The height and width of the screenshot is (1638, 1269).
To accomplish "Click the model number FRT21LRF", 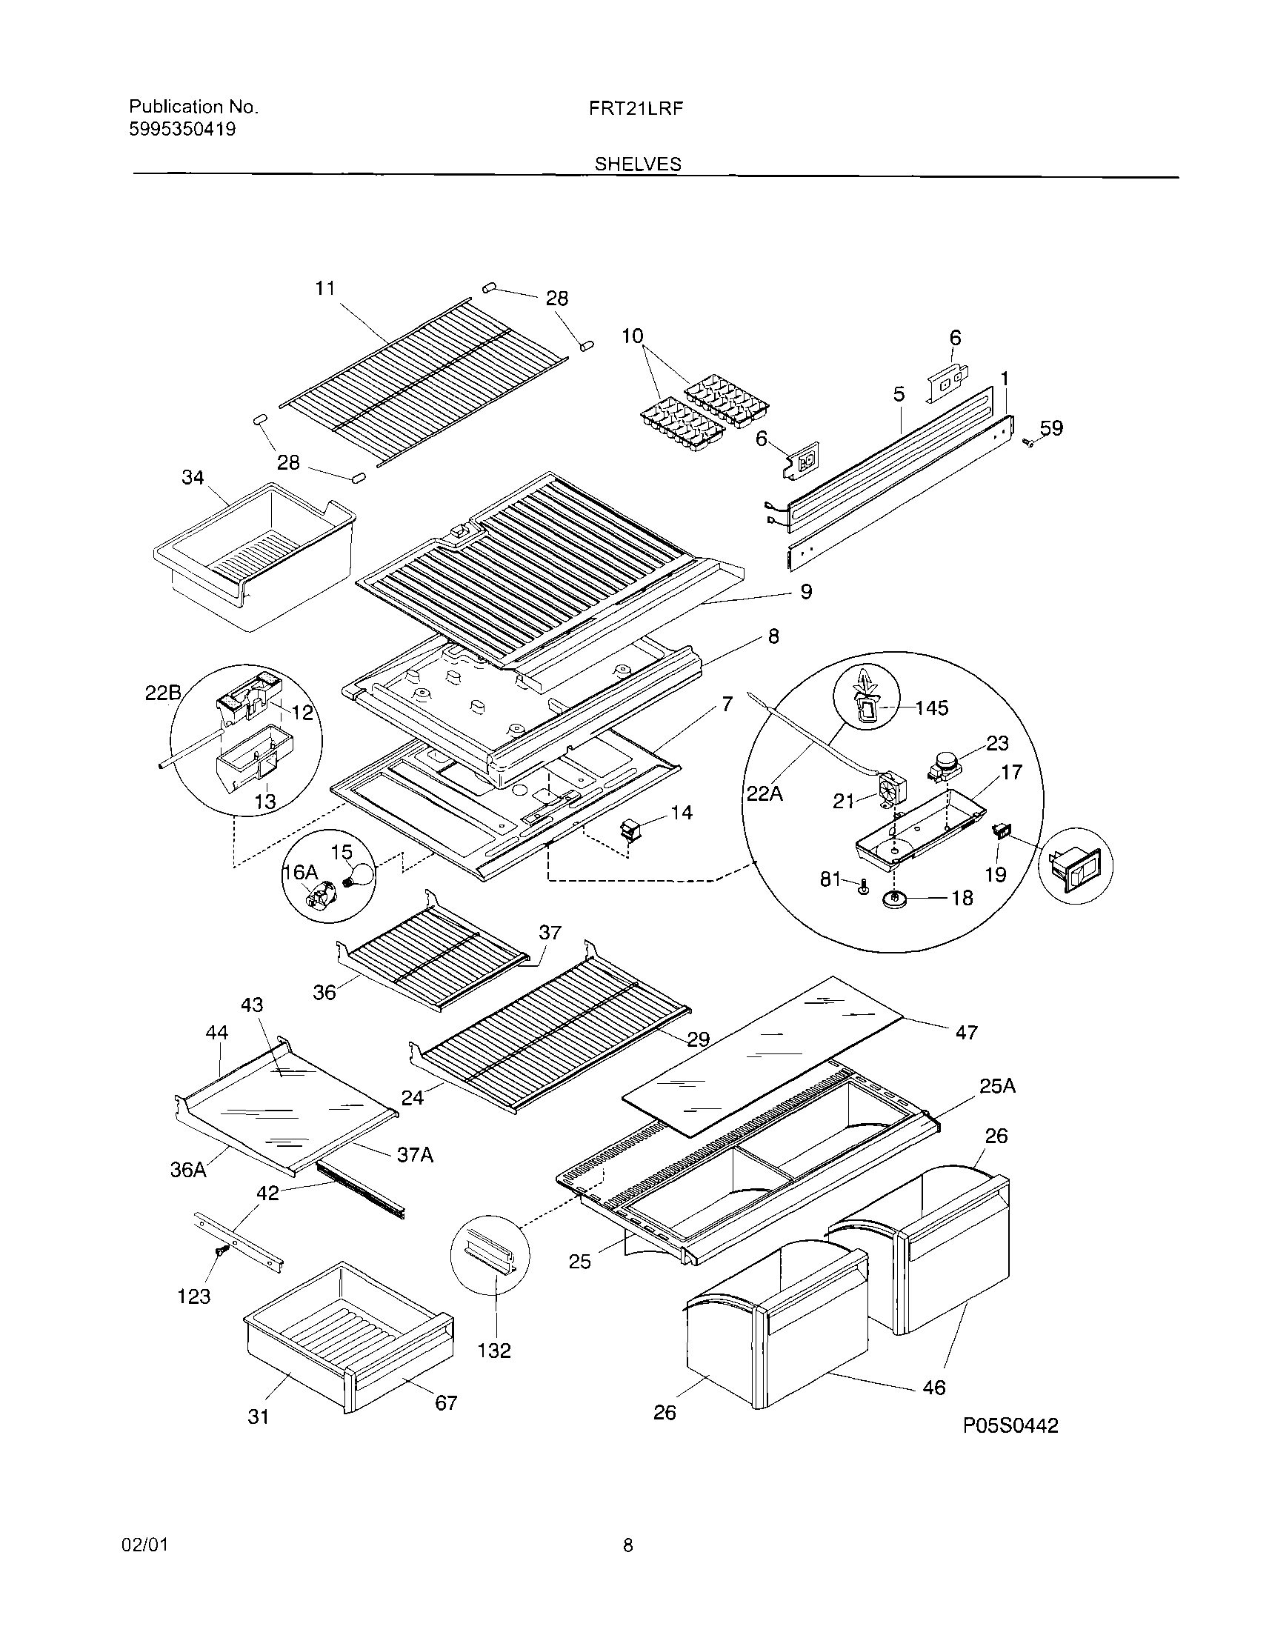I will [x=636, y=108].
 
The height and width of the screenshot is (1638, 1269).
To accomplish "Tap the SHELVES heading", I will [x=638, y=164].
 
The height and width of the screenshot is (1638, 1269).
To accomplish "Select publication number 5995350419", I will [x=182, y=129].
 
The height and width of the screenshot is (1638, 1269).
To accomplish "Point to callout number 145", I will [x=931, y=708].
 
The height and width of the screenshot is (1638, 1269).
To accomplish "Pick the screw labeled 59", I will [x=1029, y=445].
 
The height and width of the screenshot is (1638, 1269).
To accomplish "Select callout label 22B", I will [x=162, y=693].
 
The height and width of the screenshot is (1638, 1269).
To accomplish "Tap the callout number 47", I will [x=966, y=1032].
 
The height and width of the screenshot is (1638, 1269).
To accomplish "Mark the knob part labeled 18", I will [x=894, y=899].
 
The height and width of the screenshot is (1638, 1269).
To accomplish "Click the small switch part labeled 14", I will [x=628, y=830].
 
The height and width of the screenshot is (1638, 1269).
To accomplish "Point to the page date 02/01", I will [x=144, y=1545].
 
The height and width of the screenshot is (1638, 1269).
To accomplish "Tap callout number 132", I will [x=494, y=1350].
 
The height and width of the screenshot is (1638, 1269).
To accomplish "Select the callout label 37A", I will [x=415, y=1155].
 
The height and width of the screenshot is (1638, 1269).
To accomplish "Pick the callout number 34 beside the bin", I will [x=193, y=477].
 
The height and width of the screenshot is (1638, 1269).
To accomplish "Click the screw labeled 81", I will [x=862, y=889].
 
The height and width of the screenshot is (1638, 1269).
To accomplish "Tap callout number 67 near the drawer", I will [x=445, y=1402].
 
